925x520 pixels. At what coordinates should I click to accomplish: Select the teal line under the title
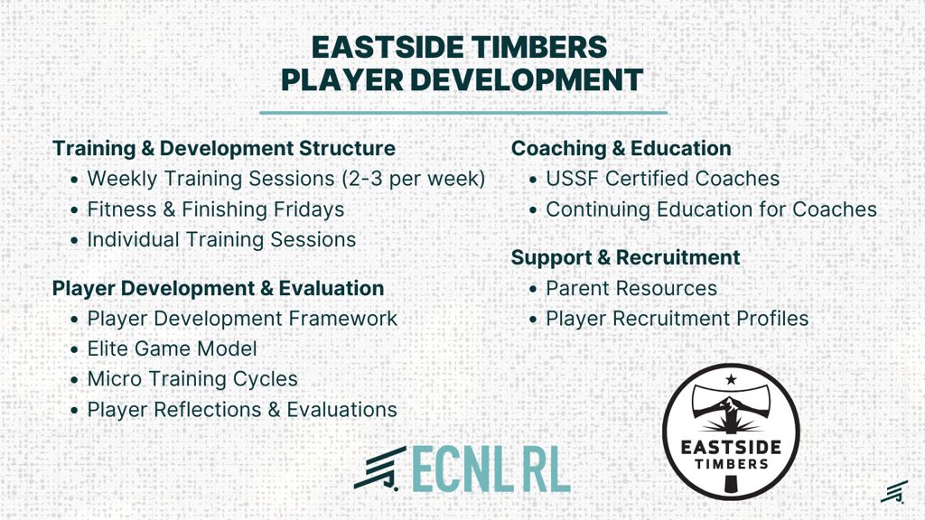coord(463,112)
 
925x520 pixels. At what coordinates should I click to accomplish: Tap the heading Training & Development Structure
coord(224,148)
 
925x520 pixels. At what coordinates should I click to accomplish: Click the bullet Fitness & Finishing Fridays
coord(215,209)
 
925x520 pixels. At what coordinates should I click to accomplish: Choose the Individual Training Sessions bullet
coord(221,239)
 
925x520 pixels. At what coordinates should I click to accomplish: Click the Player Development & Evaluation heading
coord(219,288)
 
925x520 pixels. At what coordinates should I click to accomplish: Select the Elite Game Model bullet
coord(172,348)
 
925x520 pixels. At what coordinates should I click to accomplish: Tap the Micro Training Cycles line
coord(192,379)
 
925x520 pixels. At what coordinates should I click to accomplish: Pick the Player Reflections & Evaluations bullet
coord(242,409)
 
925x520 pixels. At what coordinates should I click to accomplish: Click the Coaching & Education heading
coord(621,148)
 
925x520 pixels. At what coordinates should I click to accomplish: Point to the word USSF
coord(572,179)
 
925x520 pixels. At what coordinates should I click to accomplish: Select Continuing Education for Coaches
coord(712,209)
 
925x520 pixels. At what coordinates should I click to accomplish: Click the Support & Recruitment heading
coord(625,257)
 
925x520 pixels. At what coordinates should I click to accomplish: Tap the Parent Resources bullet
coord(631,288)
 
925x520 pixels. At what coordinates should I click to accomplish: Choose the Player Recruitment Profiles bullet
coord(677,319)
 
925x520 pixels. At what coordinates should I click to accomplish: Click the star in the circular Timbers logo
coord(731,379)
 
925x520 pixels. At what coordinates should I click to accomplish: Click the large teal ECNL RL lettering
coord(491,469)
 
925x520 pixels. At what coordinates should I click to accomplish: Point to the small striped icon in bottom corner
coord(894,492)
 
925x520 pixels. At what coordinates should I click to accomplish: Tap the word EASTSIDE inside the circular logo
coord(731,448)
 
